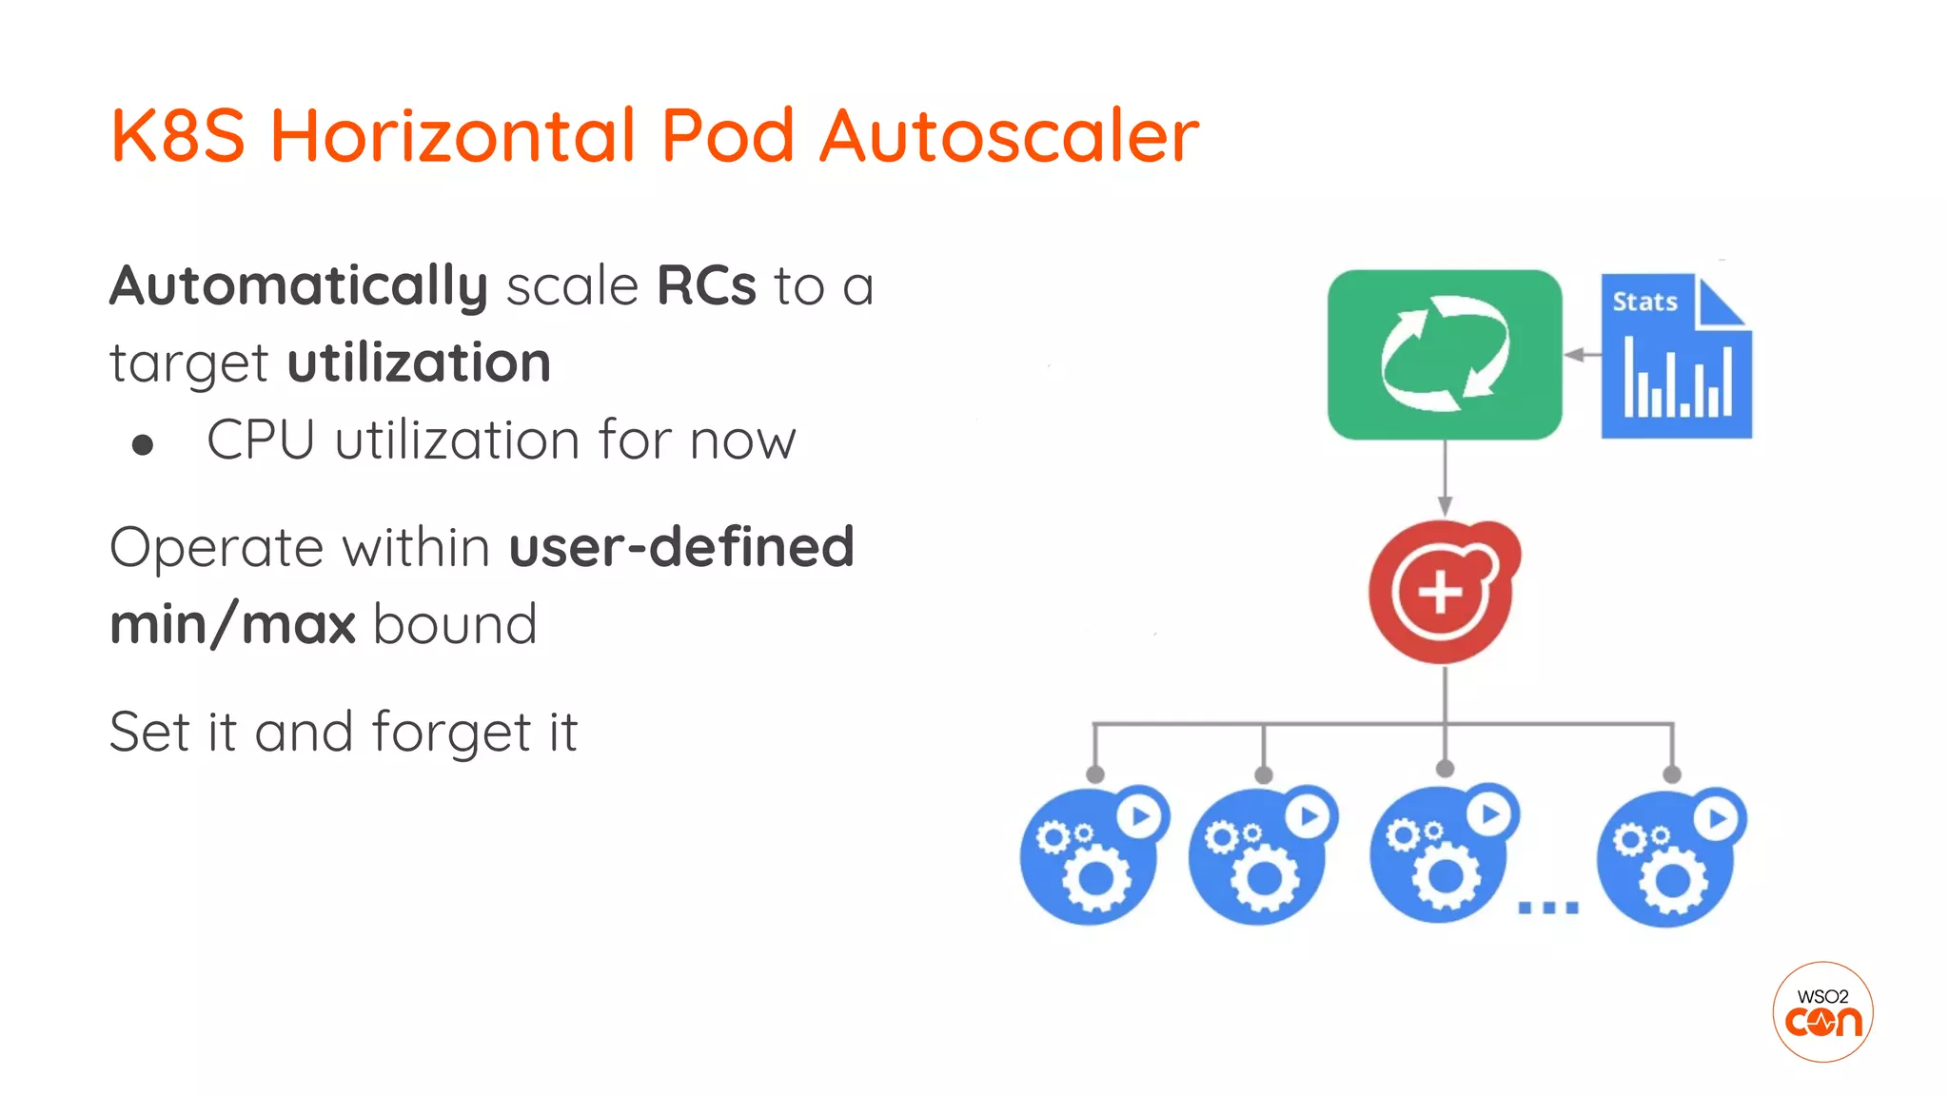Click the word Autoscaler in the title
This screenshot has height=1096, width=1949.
point(1009,135)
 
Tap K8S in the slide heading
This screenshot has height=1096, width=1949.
point(178,135)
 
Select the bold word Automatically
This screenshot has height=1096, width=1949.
point(299,287)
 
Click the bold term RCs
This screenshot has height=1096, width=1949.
point(706,285)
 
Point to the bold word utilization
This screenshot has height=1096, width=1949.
point(419,363)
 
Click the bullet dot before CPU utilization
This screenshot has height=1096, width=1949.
point(143,445)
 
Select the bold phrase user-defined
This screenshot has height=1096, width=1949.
point(681,547)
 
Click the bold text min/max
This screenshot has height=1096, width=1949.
point(232,625)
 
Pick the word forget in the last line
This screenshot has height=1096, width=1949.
point(451,734)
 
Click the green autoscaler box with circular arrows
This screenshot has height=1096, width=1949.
point(1444,355)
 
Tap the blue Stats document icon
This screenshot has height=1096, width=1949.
point(1676,357)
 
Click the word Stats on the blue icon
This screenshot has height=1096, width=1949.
point(1644,302)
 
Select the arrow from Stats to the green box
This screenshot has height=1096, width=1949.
point(1582,355)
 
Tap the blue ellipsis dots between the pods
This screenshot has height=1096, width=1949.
point(1547,908)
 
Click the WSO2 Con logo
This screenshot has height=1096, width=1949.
point(1822,1012)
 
